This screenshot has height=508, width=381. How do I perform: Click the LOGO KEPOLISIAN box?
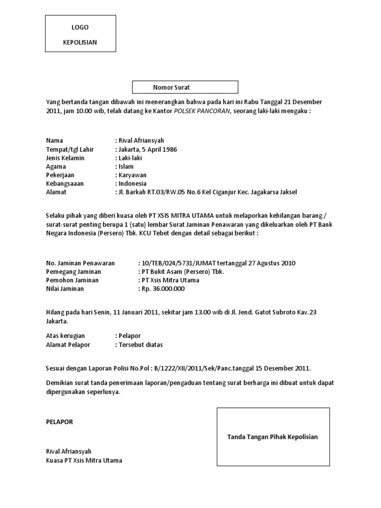coord(80,34)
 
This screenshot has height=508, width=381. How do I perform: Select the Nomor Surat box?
coord(185,87)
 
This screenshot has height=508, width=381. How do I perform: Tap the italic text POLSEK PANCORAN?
coord(201,111)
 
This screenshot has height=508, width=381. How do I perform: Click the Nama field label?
coord(55,140)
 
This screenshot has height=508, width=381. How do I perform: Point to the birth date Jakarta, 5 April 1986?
coord(146,149)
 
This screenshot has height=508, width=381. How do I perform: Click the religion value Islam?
coord(125,167)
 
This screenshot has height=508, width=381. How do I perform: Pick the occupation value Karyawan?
coord(131,175)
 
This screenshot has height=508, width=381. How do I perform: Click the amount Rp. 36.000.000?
coord(161,289)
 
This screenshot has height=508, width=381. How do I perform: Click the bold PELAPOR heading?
coord(60,422)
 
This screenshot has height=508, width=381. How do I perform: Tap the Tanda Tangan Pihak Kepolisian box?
coord(273,437)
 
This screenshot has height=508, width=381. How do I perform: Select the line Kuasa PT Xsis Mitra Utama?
coord(84,460)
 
